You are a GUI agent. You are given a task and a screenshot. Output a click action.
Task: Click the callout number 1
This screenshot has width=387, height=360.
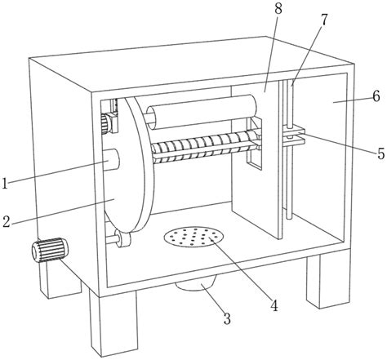coord(5,183)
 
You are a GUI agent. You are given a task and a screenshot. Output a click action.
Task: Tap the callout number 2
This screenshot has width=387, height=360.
coord(7,221)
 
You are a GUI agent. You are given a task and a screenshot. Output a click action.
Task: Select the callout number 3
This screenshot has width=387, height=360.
coord(227,318)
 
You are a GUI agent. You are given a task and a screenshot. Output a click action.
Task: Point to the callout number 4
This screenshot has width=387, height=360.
coord(274,305)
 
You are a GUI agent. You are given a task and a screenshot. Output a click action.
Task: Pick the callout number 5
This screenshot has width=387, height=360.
coord(381,153)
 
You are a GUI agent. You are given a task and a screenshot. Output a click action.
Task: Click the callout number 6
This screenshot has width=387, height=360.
coord(376,96)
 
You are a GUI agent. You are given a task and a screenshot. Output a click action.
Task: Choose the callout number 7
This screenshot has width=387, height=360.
coord(323,20)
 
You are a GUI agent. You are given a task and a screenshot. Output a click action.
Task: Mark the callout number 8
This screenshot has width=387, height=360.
coord(278,9)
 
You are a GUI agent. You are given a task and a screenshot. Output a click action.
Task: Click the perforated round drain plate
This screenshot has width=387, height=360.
coord(193,237)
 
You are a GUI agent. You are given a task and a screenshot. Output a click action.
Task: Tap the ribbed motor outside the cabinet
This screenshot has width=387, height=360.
coord(50,250)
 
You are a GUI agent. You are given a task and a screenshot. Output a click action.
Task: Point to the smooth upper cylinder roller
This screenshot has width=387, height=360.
coord(202,112)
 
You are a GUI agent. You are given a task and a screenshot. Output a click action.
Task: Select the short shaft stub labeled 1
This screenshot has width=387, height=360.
coord(112,160)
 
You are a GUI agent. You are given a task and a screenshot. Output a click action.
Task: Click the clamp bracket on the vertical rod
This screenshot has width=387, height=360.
coord(294,135)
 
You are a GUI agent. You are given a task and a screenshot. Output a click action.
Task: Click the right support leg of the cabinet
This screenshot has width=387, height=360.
coord(328,279)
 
